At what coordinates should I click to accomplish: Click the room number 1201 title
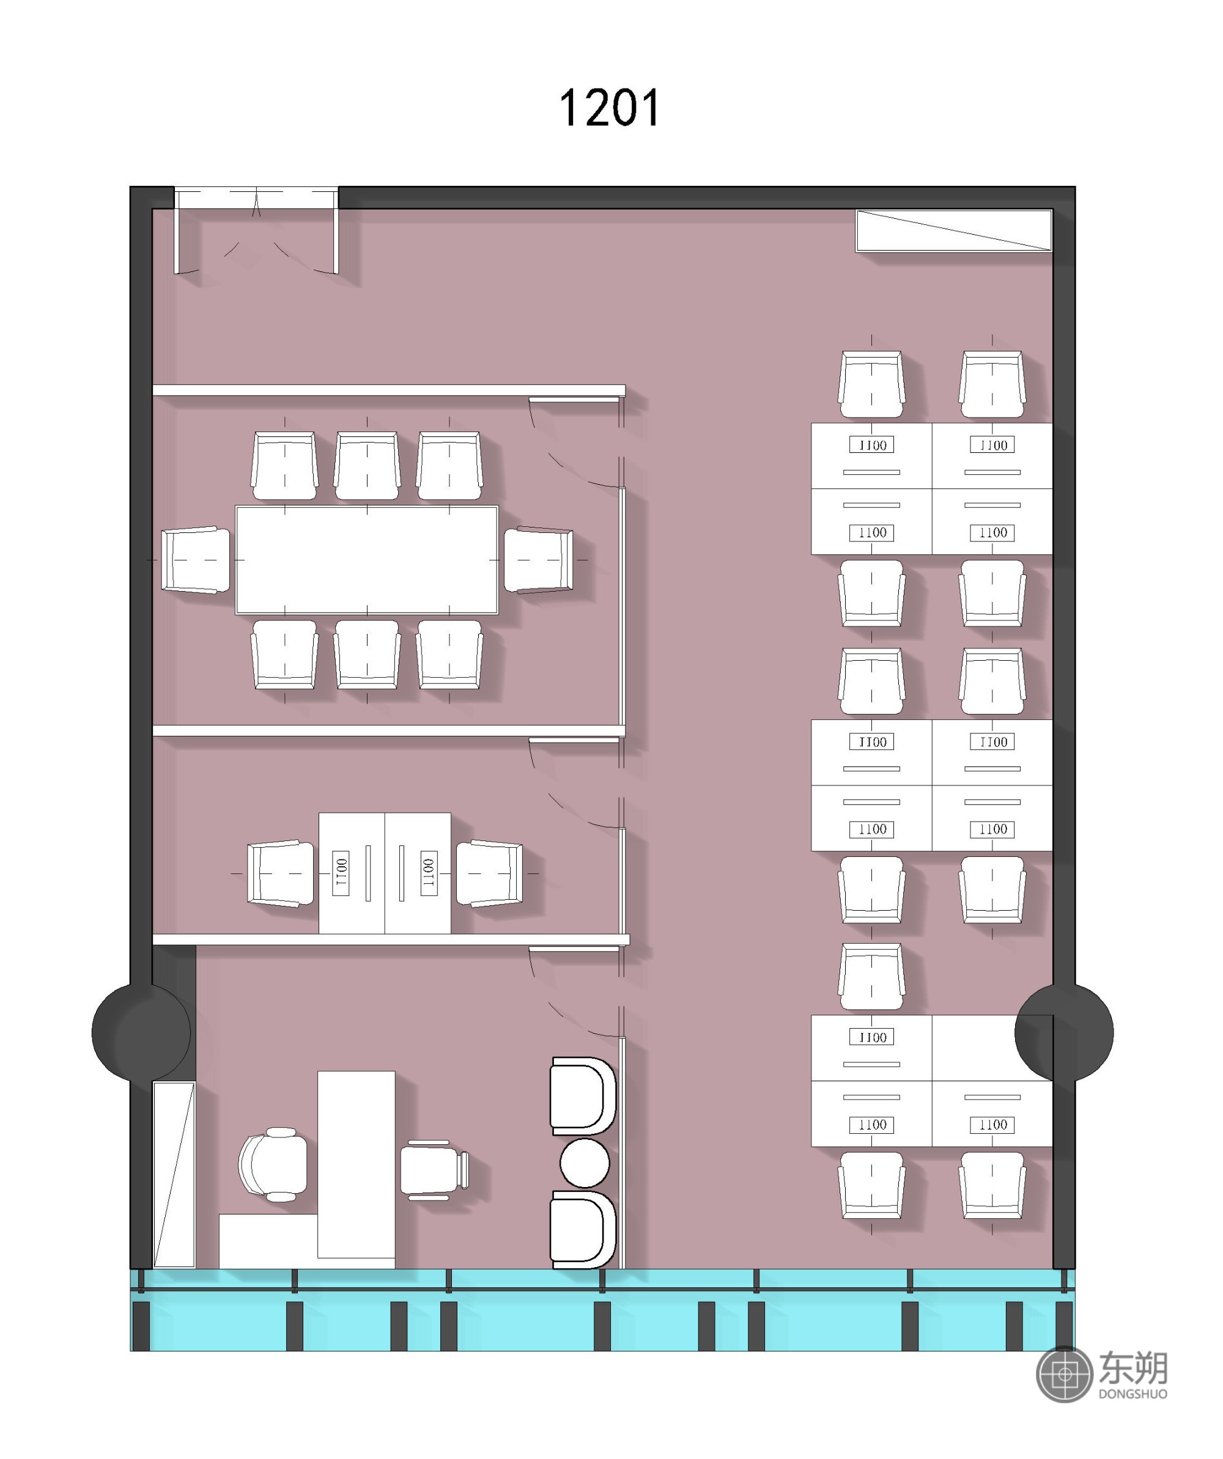(610, 108)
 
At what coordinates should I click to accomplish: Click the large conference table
(367, 560)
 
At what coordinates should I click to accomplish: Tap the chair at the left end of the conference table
(196, 560)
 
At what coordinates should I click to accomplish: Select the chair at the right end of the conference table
(539, 560)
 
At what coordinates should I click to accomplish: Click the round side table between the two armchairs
(585, 1163)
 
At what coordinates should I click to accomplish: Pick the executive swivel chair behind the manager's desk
(272, 1164)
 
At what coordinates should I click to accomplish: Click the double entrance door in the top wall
(256, 230)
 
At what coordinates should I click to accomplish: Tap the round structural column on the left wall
(142, 1032)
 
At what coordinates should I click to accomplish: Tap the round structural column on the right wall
(1064, 1032)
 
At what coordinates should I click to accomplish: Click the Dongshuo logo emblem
(1064, 1374)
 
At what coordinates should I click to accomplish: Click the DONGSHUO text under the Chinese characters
(1132, 1394)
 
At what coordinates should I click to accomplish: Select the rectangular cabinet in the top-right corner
(954, 230)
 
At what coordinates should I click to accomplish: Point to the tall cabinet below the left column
(174, 1174)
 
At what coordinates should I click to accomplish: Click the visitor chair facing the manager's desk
(434, 1171)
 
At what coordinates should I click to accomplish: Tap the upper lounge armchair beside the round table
(582, 1097)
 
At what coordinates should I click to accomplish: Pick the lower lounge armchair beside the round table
(582, 1230)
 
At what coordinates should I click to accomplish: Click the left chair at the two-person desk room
(281, 873)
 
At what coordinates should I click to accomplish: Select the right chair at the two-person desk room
(489, 873)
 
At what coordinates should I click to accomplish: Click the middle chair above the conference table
(367, 466)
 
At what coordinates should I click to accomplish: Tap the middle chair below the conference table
(367, 655)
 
